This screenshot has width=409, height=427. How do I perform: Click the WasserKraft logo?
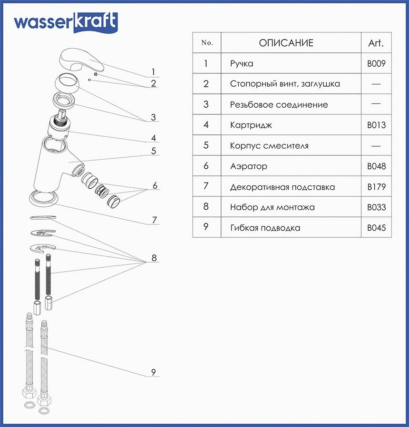pos(65,22)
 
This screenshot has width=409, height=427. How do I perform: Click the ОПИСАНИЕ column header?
pos(286,43)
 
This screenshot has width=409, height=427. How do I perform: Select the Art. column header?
pos(376,43)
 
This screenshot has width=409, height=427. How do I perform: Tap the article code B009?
pos(376,63)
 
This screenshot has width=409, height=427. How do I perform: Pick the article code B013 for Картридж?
pos(376,125)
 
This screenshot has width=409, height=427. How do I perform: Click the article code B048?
pos(376,166)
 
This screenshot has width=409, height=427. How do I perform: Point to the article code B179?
pos(376,187)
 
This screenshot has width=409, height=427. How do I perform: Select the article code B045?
pos(376,228)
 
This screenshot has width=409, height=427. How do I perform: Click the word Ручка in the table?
pos(242,63)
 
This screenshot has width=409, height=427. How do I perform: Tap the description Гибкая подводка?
pos(265,228)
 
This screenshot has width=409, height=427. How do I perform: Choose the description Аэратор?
pos(248,166)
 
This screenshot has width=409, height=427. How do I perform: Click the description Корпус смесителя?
pos(269,146)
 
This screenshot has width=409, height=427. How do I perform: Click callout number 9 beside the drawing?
pos(154,372)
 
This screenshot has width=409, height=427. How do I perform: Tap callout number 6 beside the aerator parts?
pos(155,185)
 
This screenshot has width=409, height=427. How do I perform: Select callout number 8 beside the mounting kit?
pos(154,258)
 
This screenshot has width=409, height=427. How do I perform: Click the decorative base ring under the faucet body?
pos(45,197)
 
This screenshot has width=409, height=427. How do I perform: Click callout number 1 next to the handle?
pos(153,72)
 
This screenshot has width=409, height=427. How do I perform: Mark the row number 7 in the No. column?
pos(206,186)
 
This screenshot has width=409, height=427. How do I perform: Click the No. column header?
pos(207,43)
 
